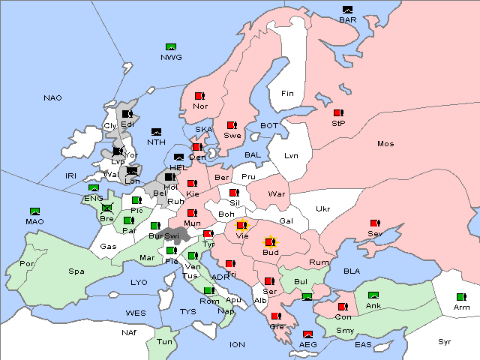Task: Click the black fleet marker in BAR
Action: click(x=347, y=10)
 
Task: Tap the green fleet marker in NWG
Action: click(x=170, y=47)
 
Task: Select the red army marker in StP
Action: click(x=337, y=113)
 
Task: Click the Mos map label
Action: click(x=385, y=143)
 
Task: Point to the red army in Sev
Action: click(x=374, y=223)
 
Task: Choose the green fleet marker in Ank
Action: click(x=373, y=295)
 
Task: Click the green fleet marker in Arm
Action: click(x=460, y=297)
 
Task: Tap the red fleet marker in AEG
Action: click(x=307, y=334)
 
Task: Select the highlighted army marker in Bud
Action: click(x=270, y=242)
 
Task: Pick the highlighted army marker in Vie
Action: click(x=241, y=224)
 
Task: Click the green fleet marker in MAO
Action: click(x=34, y=211)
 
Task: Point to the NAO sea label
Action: click(x=52, y=98)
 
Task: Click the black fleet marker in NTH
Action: click(x=156, y=132)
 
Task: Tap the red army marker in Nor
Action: click(x=199, y=96)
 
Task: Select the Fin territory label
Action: click(x=287, y=94)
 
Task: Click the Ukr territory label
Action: click(x=322, y=208)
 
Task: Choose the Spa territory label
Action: click(x=76, y=271)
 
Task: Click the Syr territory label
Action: click(x=445, y=341)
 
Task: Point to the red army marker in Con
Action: click(x=343, y=307)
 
